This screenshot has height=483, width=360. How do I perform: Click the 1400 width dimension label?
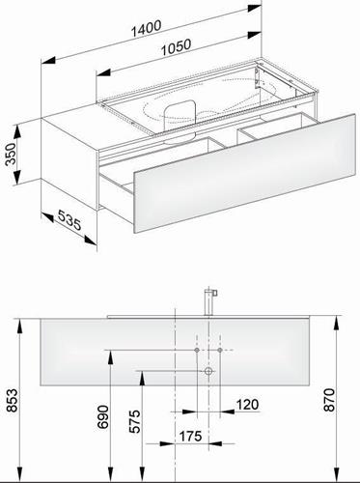click(x=146, y=28)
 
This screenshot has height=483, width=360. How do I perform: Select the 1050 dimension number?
click(x=176, y=47)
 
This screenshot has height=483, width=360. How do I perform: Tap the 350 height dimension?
click(x=11, y=154)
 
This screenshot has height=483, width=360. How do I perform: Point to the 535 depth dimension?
click(x=69, y=220)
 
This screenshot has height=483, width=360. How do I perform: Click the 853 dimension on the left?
click(x=13, y=400)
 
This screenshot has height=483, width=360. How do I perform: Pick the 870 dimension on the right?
click(x=329, y=400)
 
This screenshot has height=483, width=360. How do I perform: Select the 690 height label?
click(x=103, y=417)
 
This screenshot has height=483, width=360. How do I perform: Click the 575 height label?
click(x=135, y=421)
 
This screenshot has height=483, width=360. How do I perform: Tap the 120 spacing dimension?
click(x=247, y=405)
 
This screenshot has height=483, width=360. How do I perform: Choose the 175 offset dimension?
click(x=190, y=437)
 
